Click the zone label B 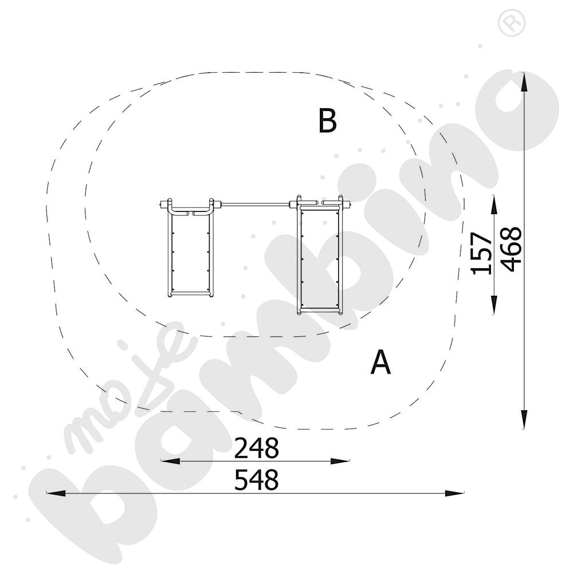pos(327,120)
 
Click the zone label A pos(380,362)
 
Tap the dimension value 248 pos(256,448)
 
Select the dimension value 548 pos(256,480)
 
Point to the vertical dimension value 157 pos(481,253)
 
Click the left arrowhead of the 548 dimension pos(56,493)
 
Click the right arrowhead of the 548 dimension pos(454,493)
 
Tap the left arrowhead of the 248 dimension pos(170,461)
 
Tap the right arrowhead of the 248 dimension pos(340,461)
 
